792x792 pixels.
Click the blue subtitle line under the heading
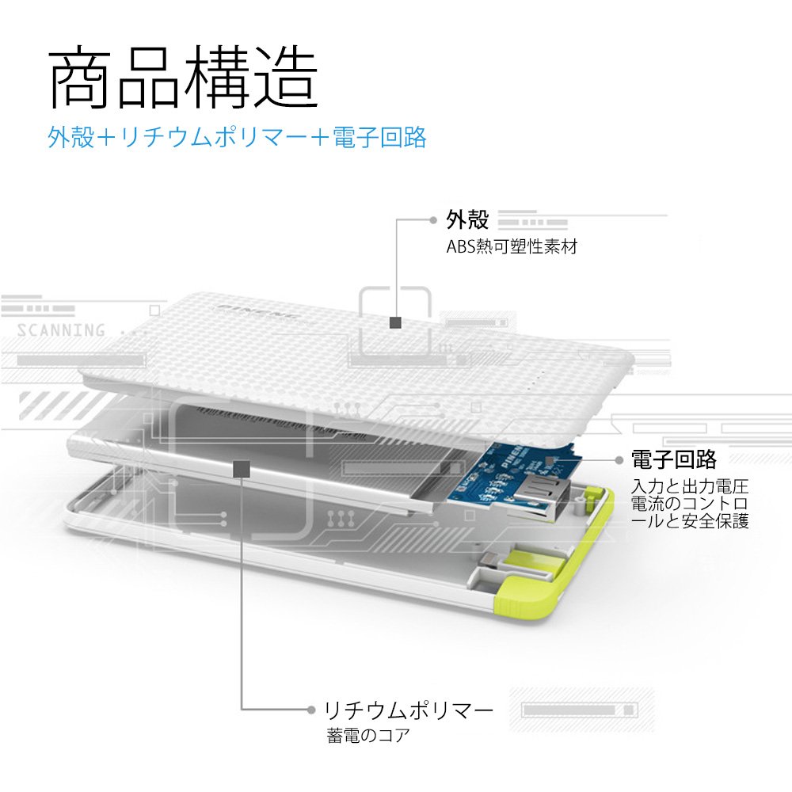[238, 137]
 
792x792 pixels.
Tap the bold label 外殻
[467, 219]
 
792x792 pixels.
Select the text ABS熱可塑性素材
[512, 246]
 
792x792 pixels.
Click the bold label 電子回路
[673, 459]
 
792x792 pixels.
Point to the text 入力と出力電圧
[689, 486]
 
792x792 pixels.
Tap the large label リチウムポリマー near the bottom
[409, 710]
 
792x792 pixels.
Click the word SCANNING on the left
[61, 330]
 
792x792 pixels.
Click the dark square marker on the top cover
[395, 322]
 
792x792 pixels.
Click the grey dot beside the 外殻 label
[432, 219]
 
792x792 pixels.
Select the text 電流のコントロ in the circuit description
[689, 504]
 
